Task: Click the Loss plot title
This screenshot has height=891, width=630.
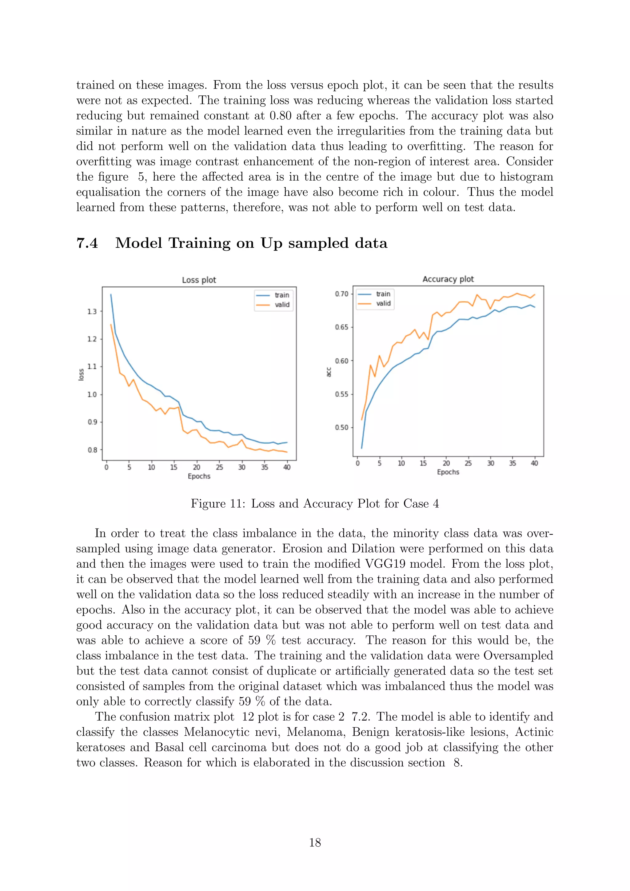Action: click(199, 280)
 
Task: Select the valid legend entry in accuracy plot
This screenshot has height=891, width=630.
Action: click(383, 303)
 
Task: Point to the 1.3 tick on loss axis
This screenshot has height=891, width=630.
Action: click(92, 312)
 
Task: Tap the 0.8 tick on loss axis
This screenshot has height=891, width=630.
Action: click(92, 450)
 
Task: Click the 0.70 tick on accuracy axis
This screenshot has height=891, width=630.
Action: click(341, 294)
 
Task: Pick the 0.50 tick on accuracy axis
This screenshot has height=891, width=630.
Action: click(341, 428)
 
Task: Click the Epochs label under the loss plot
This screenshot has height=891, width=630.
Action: click(199, 476)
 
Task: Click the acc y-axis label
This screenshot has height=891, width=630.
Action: click(329, 372)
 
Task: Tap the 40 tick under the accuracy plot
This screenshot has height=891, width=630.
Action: click(534, 463)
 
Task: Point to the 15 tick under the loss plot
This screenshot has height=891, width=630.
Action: click(173, 467)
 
